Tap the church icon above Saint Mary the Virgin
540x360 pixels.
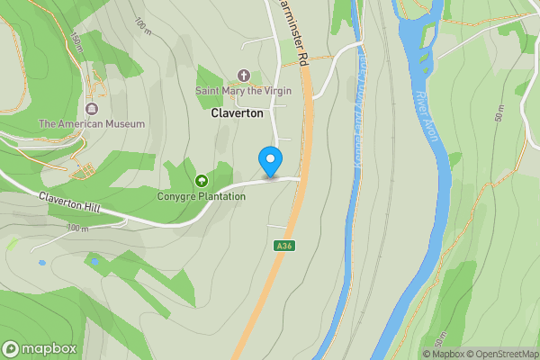[x=242, y=76]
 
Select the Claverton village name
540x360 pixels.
[x=238, y=113]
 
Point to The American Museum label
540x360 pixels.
[x=91, y=124]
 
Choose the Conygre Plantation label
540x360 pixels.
[x=201, y=196]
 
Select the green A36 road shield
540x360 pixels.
[x=284, y=246]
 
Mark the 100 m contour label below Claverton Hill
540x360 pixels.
[x=77, y=229]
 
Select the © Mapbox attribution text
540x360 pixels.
[x=444, y=354]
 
